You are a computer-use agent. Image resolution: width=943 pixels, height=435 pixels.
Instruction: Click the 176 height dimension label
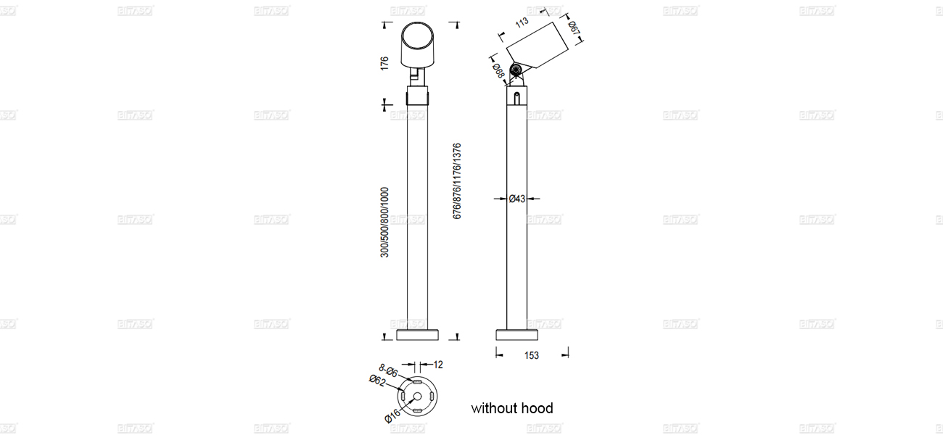pyautogui.click(x=384, y=63)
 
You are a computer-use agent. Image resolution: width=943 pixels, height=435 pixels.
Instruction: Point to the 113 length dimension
pyautogui.click(x=521, y=22)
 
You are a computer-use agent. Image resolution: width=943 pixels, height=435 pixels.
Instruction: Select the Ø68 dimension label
pyautogui.click(x=499, y=70)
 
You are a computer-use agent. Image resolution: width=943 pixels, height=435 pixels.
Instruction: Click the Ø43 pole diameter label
pyautogui.click(x=516, y=198)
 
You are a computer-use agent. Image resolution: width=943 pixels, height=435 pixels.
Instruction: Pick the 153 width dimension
pyautogui.click(x=531, y=356)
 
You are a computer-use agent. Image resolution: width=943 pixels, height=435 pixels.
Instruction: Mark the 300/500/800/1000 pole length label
pyautogui.click(x=384, y=221)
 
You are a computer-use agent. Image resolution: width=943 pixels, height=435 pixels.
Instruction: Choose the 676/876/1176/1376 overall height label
pyautogui.click(x=457, y=181)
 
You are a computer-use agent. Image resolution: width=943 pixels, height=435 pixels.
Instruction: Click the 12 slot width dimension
pyautogui.click(x=438, y=365)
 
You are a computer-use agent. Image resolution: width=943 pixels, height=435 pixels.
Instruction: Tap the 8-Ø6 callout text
pyautogui.click(x=388, y=371)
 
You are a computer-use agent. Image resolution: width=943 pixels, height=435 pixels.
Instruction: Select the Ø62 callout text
pyautogui.click(x=377, y=381)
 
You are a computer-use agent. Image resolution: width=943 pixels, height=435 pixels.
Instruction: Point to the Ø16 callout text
pyautogui.click(x=392, y=415)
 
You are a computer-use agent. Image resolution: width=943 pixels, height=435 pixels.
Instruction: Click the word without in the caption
pyautogui.click(x=493, y=408)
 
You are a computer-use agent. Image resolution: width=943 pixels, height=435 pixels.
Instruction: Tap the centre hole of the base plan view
pyautogui.click(x=417, y=396)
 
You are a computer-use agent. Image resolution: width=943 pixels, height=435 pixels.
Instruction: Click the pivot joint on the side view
pyautogui.click(x=516, y=70)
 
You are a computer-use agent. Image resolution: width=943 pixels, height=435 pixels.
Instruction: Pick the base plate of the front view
pyautogui.click(x=417, y=334)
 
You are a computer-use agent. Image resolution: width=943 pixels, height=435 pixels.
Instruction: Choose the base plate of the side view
pyautogui.click(x=516, y=334)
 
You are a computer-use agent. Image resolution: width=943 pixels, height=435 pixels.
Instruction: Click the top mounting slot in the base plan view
pyautogui.click(x=417, y=380)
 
